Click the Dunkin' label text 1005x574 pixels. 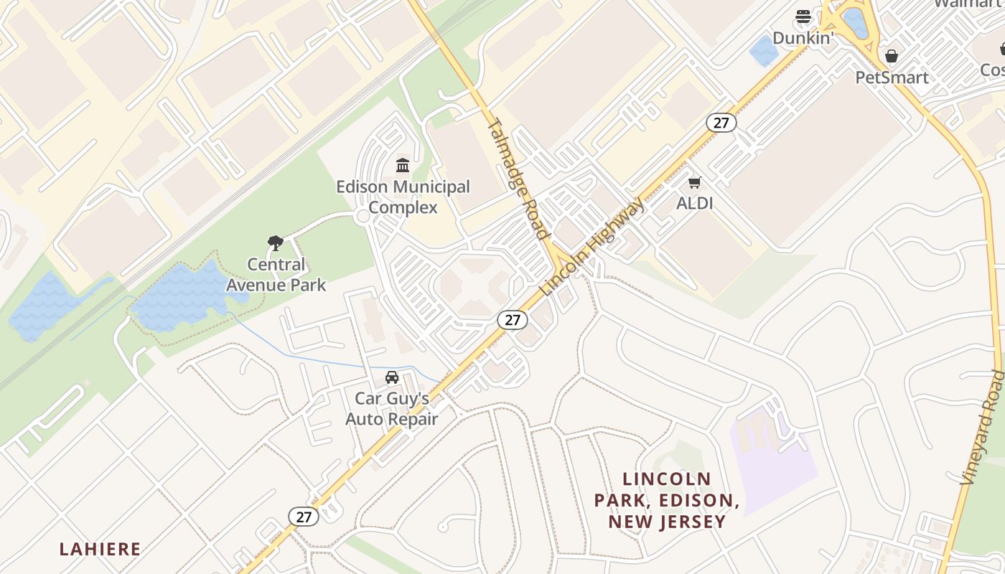click(x=803, y=38)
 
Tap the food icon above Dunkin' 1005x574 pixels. click(x=803, y=17)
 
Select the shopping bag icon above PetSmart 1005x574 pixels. click(x=892, y=56)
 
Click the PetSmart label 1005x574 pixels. click(x=892, y=77)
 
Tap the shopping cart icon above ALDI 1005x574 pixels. click(x=694, y=182)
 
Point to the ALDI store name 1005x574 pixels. click(x=694, y=203)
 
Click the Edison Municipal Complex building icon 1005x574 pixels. click(x=403, y=166)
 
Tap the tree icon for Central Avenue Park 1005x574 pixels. click(x=275, y=243)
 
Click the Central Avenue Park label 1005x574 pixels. click(x=276, y=275)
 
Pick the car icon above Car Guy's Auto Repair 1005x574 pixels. click(x=392, y=377)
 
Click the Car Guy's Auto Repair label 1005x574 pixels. click(x=392, y=408)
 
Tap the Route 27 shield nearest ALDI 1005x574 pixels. click(x=721, y=123)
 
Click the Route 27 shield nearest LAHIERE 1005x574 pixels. click(x=304, y=516)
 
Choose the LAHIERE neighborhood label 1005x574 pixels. click(x=100, y=550)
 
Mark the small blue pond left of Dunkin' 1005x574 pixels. click(x=763, y=50)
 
